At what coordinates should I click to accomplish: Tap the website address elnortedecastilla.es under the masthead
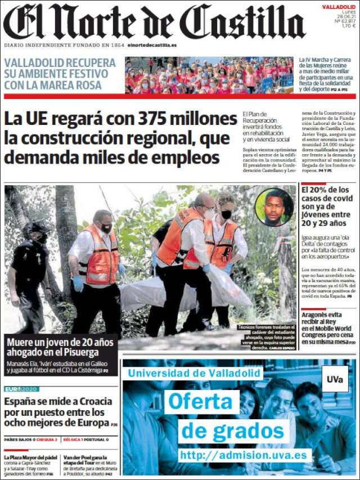point(152,45)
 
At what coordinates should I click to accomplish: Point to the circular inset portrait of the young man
point(274,207)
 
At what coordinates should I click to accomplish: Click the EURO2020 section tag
point(21,389)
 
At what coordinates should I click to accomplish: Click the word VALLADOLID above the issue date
point(339,7)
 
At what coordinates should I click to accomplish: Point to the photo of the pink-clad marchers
point(209,75)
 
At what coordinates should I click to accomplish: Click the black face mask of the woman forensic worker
point(226,214)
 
